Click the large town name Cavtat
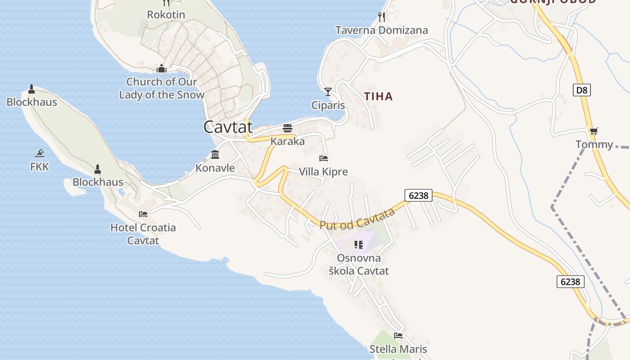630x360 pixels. (x=228, y=127)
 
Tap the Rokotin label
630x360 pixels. (x=166, y=15)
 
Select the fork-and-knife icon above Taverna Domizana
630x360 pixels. (x=382, y=17)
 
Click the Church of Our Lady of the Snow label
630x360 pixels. (x=162, y=88)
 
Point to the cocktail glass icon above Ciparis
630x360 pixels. (x=328, y=92)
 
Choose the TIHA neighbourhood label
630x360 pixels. (x=378, y=96)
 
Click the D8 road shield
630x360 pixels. (x=582, y=90)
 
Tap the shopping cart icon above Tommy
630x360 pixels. (x=594, y=131)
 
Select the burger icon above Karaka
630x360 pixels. (x=288, y=128)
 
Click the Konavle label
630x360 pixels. (x=215, y=168)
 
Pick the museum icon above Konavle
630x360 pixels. (x=215, y=155)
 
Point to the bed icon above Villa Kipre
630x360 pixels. (x=324, y=158)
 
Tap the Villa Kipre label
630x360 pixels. (x=324, y=172)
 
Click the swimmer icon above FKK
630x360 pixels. (x=40, y=153)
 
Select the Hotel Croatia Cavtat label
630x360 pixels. (x=143, y=234)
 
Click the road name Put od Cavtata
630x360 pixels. (x=357, y=219)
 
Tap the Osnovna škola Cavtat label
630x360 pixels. (x=359, y=265)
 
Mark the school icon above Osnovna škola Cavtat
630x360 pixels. (x=359, y=245)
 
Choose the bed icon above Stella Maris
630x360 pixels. (x=398, y=336)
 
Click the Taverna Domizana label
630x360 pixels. (x=382, y=31)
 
